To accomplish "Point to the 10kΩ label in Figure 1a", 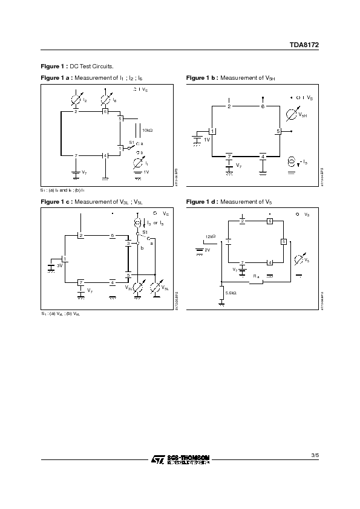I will coord(147,131).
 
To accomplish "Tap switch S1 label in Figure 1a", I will coord(131,141).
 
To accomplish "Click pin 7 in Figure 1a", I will coord(76,156).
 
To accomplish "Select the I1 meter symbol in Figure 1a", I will coord(139,163).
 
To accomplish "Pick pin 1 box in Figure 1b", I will coord(212,131).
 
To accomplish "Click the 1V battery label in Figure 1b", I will coord(206,140).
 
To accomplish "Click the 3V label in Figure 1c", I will coord(60,265).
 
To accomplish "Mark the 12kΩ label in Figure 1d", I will coord(210,236).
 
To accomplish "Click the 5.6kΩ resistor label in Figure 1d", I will coord(231,293).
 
